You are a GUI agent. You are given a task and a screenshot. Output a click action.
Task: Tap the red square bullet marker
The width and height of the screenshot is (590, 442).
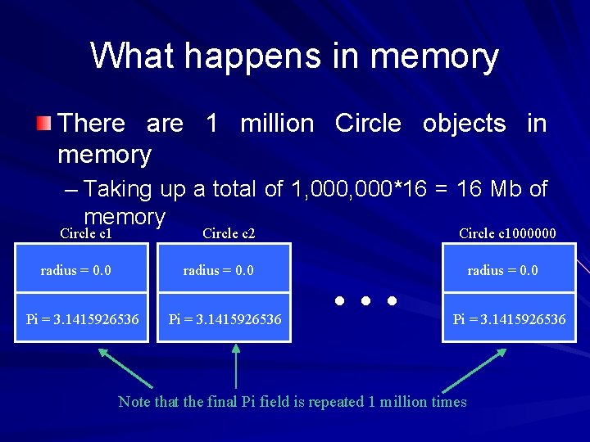pos(43,124)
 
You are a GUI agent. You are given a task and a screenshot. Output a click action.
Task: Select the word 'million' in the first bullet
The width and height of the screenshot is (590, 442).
pos(277,124)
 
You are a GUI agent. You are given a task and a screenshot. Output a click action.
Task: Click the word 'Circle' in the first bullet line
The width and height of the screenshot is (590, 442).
pos(368,124)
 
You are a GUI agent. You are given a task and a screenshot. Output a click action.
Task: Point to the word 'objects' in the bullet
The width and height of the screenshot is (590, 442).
pos(464,124)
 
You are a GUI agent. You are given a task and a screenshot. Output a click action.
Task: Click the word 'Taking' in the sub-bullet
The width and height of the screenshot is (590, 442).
pos(118,190)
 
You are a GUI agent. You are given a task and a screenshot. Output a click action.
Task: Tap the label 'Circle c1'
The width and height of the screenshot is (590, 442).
pos(86,234)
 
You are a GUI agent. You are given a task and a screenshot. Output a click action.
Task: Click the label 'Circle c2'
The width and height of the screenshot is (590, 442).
pos(229,234)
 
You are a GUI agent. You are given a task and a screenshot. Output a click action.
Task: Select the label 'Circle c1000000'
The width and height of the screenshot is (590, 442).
pos(507,234)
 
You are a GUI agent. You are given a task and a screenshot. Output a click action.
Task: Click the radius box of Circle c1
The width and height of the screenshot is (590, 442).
pos(76,271)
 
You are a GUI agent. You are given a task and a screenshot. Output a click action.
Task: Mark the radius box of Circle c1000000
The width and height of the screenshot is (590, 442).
pos(502,271)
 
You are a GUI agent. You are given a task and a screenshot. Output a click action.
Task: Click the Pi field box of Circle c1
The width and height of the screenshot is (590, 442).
pos(82,318)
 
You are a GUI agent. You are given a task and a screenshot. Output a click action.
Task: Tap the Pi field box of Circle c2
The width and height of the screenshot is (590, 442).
pos(225,318)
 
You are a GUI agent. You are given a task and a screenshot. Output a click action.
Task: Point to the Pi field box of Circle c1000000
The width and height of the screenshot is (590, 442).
pos(509,318)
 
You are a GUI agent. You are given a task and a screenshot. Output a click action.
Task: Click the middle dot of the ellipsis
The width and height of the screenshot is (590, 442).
pos(365,301)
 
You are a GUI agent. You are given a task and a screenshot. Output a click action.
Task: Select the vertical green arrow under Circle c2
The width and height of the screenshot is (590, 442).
pos(236,365)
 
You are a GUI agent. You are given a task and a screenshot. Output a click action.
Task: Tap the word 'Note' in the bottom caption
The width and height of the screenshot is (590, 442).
pos(134,402)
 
